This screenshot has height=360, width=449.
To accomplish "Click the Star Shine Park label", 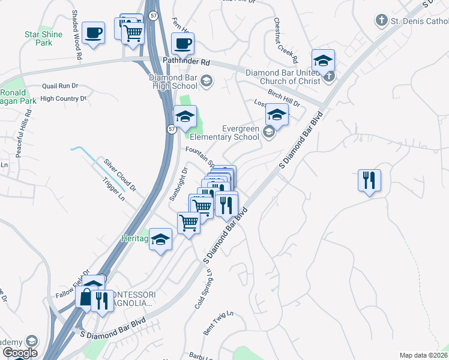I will [x=43, y=38].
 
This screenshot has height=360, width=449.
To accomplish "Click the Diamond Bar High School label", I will [x=175, y=82].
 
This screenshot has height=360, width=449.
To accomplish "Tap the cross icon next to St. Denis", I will [x=380, y=21].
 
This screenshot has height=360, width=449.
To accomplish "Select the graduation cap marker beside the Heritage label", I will [x=160, y=240].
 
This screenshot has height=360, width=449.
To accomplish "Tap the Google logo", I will [x=19, y=352].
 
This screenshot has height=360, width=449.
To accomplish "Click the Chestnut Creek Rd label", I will [x=285, y=41].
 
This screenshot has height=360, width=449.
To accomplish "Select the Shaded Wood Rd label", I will [x=77, y=42].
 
